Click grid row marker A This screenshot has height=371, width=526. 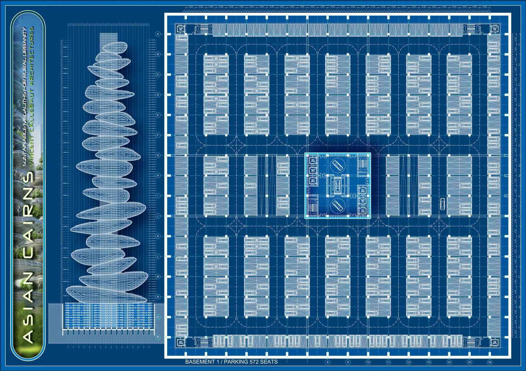pyautogui.click(x=158, y=34)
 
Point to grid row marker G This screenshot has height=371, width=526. pyautogui.click(x=158, y=155)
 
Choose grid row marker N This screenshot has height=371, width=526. pyautogui.click(x=158, y=297)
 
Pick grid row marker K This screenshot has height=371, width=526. pyautogui.click(x=158, y=236)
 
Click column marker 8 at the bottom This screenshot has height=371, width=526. pyautogui.click(x=328, y=362)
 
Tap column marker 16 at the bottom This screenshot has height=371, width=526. pyautogui.click(x=490, y=362)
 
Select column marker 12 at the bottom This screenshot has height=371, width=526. pyautogui.click(x=409, y=362)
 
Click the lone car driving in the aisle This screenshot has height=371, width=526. pyautogui.click(x=442, y=204)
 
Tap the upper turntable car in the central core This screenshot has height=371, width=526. pyautogui.click(x=338, y=166)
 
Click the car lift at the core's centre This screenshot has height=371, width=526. pyautogui.click(x=338, y=185)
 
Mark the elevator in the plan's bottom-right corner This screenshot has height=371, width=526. pyautogui.click(x=494, y=342)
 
